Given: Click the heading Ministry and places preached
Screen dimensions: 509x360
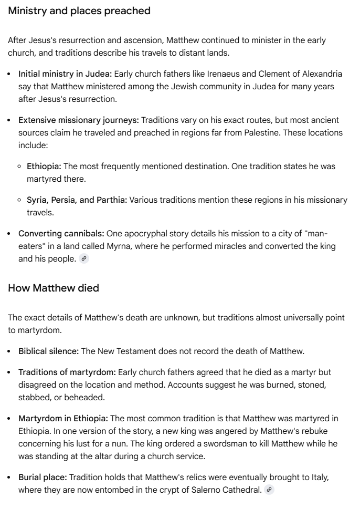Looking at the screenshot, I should [x=79, y=11].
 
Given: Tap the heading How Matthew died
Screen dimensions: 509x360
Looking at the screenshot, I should [x=54, y=288].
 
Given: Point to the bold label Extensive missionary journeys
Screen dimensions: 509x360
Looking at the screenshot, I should [x=79, y=120].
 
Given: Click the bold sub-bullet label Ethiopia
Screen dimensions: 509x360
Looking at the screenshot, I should [x=44, y=167].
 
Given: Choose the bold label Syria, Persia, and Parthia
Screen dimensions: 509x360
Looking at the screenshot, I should [x=77, y=200].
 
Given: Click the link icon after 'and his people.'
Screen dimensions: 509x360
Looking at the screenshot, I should [x=84, y=259].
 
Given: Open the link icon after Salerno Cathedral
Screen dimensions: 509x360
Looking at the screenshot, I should [x=269, y=490].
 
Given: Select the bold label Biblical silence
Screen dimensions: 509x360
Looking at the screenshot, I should [x=49, y=351].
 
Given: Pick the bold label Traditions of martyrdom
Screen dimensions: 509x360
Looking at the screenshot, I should [x=67, y=372].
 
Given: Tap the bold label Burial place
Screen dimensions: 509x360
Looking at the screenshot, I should [x=42, y=477].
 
